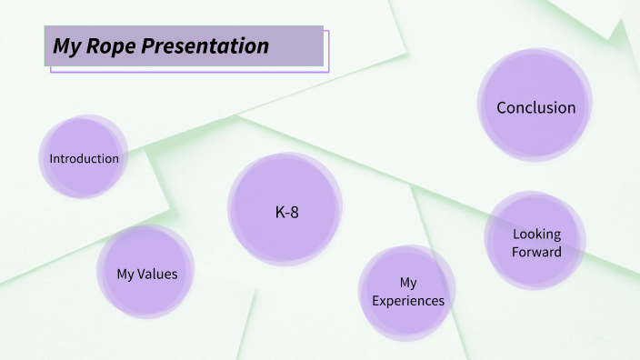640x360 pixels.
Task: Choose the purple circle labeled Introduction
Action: (84, 157)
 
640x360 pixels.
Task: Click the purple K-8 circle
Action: (285, 209)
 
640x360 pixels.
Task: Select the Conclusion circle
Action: (535, 107)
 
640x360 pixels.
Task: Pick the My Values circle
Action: (145, 273)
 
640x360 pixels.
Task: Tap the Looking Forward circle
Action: (535, 242)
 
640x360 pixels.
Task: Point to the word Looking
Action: (536, 234)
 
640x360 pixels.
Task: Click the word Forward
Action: (536, 252)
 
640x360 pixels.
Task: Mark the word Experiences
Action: (408, 301)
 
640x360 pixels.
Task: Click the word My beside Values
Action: (126, 274)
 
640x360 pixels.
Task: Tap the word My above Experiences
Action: (408, 283)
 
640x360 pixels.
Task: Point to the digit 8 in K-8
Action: (295, 212)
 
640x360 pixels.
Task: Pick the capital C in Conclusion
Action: (502, 107)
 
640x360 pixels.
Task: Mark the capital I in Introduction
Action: (51, 158)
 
